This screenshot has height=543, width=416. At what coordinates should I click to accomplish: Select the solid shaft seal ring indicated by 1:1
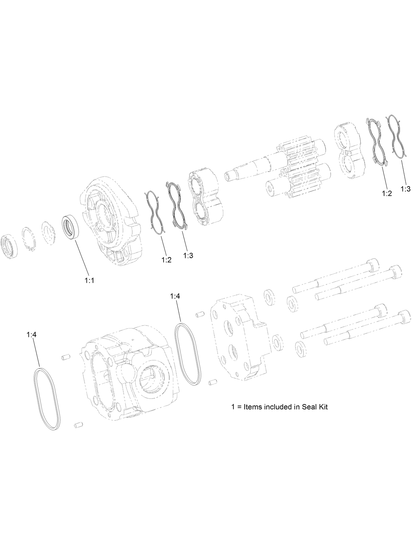pos(71,226)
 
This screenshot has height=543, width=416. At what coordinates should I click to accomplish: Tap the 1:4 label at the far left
pos(31,335)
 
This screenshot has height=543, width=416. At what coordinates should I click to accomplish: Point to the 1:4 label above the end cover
pos(175,297)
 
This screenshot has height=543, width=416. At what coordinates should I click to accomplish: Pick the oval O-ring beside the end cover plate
pos(188,354)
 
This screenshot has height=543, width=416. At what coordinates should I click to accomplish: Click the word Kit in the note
pos(322,407)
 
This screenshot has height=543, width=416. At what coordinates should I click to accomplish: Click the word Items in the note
pos(253,407)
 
